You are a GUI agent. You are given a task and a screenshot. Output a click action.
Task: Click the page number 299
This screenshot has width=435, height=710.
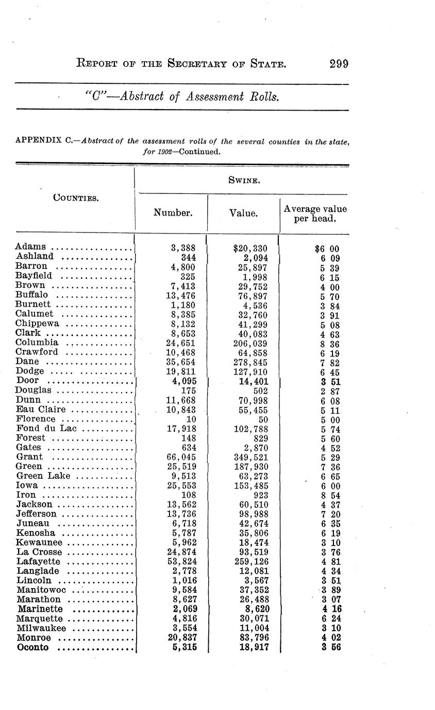(x=338, y=64)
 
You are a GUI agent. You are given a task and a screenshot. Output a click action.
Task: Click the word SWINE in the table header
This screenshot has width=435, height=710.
(x=243, y=180)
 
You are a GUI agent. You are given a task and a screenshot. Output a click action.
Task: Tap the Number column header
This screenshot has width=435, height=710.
(x=173, y=212)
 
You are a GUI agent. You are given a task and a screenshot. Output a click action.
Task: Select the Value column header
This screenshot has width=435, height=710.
(x=243, y=212)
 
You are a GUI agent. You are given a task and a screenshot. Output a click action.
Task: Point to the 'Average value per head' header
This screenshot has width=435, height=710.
(x=314, y=214)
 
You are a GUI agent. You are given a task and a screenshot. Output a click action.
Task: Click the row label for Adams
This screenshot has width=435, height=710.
(x=31, y=247)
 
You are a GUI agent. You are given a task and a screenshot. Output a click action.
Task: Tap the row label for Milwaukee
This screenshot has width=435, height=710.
(x=41, y=628)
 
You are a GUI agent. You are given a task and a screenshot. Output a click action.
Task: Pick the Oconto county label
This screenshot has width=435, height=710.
(x=33, y=647)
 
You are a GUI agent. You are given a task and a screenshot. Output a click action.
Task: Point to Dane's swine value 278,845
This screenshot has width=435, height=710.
(x=252, y=362)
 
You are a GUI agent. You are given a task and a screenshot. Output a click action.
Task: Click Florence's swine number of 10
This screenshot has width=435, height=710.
(x=191, y=419)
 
